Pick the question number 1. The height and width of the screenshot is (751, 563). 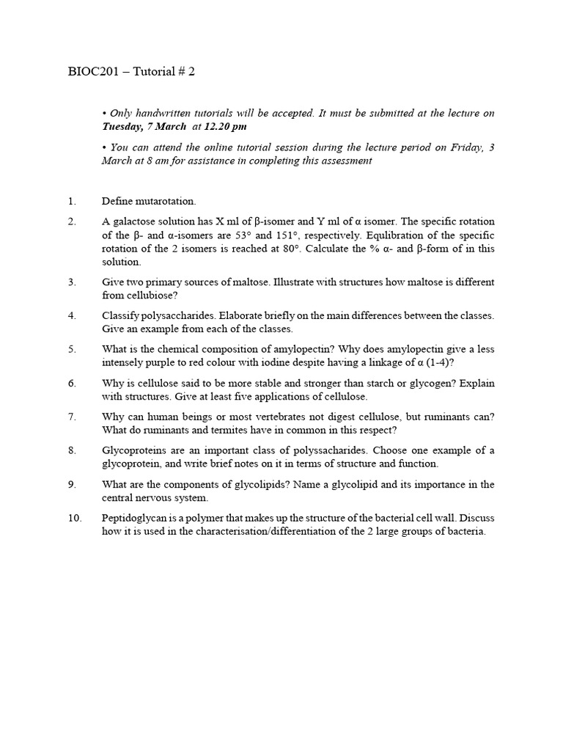[71, 201]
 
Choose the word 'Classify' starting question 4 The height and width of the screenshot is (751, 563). [120, 316]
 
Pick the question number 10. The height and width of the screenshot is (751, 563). [74, 518]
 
